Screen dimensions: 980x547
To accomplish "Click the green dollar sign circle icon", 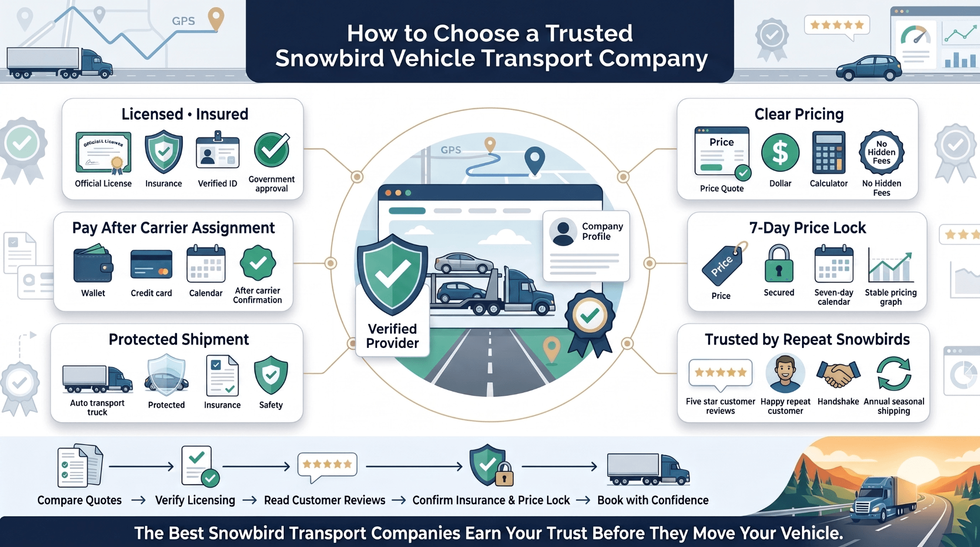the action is click(x=780, y=153).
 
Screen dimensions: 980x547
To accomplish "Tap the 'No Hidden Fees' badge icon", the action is click(x=881, y=153).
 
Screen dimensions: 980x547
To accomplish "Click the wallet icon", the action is click(x=93, y=264).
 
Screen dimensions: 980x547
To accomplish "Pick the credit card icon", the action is click(x=151, y=265).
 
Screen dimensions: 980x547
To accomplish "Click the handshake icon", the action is click(x=838, y=374).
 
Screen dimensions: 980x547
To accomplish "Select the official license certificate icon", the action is click(x=103, y=153).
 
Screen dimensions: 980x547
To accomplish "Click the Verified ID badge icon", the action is click(x=218, y=151).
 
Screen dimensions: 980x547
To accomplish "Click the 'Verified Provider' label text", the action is click(x=392, y=336).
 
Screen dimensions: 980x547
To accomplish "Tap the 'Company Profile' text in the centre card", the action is click(x=602, y=231).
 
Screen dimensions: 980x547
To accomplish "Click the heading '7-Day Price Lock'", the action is click(x=807, y=228).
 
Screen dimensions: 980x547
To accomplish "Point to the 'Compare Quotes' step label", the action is click(x=79, y=500).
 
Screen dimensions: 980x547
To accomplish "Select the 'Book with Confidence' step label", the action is click(x=653, y=500).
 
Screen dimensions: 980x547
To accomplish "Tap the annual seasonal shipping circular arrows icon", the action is click(x=893, y=374).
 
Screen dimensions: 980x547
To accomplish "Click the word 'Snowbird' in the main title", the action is click(x=329, y=58).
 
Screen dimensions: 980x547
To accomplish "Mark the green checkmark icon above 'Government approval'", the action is click(x=272, y=150).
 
